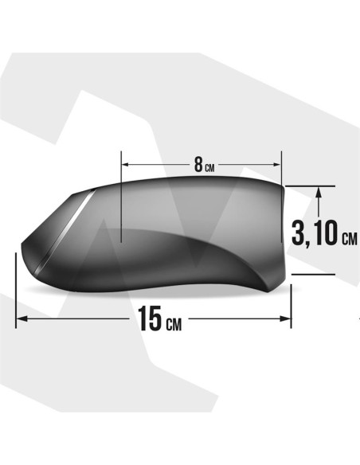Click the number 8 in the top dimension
tap(198, 165)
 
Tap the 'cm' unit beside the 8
tap(209, 169)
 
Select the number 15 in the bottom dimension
tap(151, 318)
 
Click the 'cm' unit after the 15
tap(174, 324)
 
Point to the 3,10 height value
tap(315, 232)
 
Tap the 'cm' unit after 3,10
tap(350, 239)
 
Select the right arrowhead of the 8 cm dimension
tap(276, 164)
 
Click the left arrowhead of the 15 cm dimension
tap(22, 318)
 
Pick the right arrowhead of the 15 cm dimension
tap(285, 318)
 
